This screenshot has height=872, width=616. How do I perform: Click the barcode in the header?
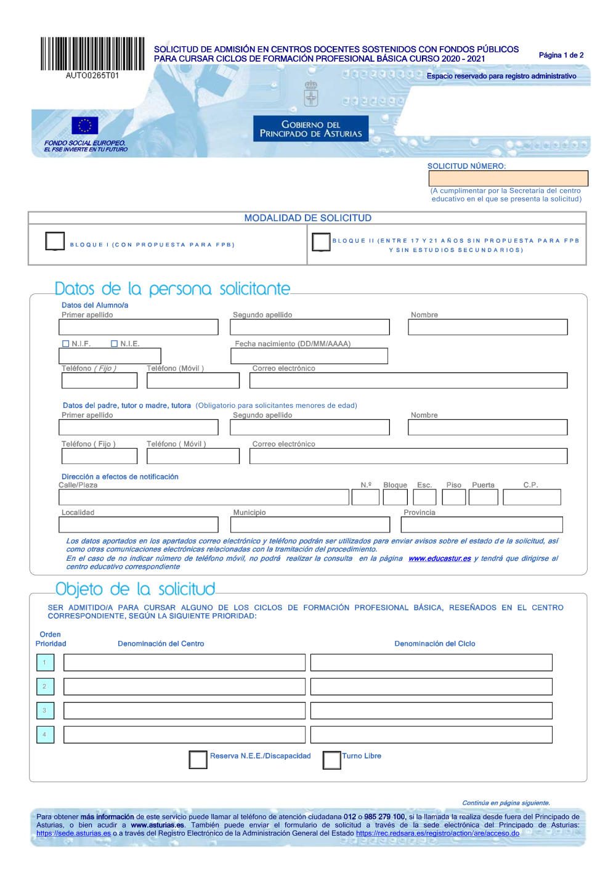(x=92, y=54)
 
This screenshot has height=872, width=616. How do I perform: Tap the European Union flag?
(x=84, y=125)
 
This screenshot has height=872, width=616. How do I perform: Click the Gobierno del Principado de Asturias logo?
(x=310, y=129)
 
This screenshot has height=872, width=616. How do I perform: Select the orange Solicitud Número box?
(x=508, y=178)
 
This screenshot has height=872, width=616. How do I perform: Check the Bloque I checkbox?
(x=55, y=241)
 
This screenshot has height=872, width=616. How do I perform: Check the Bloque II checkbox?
(x=321, y=242)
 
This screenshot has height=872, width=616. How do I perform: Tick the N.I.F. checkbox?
(x=66, y=344)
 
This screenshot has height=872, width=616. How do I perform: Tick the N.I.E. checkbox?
(x=114, y=344)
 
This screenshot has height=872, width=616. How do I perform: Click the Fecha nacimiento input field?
(x=309, y=356)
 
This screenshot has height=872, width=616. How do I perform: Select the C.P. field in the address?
(x=532, y=497)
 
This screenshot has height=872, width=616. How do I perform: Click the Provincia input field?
(x=481, y=524)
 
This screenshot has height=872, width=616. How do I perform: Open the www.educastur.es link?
(x=439, y=558)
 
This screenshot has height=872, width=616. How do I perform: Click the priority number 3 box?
(x=45, y=711)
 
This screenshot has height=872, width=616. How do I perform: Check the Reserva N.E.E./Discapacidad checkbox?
(x=198, y=759)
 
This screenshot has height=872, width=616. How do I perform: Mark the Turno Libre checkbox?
(x=331, y=760)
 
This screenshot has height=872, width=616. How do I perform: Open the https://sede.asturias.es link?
(x=73, y=833)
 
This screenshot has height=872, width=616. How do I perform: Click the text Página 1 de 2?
(x=561, y=55)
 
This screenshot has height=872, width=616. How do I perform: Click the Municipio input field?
(x=310, y=524)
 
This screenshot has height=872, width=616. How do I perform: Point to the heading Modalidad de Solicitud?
(x=307, y=218)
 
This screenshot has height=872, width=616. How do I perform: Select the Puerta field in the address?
(x=483, y=497)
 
